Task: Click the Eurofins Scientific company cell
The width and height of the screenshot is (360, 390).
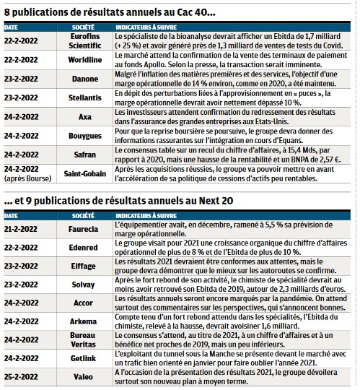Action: (x=84, y=41)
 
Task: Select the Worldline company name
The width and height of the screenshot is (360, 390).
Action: (x=84, y=60)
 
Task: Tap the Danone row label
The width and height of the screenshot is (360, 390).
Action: (x=84, y=79)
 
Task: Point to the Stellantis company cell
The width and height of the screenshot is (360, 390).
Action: (x=84, y=97)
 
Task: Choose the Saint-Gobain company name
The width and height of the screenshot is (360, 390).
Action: (x=84, y=173)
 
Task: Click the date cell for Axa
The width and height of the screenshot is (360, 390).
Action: (x=21, y=117)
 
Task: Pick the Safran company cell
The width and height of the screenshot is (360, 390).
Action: (x=84, y=155)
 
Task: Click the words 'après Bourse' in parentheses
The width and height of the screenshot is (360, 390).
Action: (x=27, y=178)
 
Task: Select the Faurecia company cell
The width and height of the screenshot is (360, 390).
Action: (x=83, y=229)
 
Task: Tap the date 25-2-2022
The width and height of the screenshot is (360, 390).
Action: (x=21, y=377)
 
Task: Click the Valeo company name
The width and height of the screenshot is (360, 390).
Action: (x=83, y=377)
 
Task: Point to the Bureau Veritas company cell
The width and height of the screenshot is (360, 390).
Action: (x=83, y=340)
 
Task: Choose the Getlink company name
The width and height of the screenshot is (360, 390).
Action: (x=83, y=358)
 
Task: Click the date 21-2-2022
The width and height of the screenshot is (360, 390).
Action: (x=21, y=229)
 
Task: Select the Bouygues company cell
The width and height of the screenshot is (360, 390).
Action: (x=85, y=136)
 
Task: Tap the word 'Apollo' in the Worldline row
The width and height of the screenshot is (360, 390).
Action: (x=154, y=65)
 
